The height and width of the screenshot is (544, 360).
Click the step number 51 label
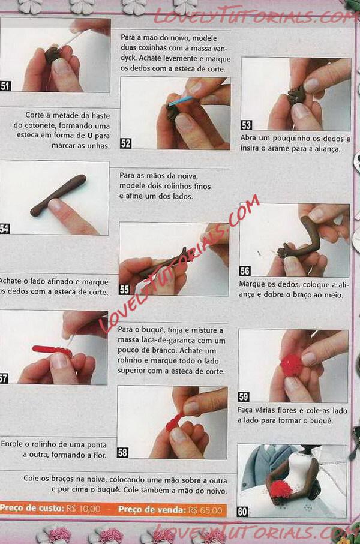pos(5,86)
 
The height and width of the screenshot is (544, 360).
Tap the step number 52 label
pos(125,143)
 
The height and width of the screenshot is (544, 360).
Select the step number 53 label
pos(246,125)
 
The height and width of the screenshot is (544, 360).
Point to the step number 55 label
pos(124,290)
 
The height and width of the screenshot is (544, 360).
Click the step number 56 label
pos(245,271)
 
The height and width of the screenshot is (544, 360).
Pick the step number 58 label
pos(122,452)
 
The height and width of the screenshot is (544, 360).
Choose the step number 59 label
pos(244,397)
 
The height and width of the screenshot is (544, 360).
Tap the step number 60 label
pos(242,512)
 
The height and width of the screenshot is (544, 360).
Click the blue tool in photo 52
pos(180,101)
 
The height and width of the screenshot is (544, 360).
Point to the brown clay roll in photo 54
pos(58,196)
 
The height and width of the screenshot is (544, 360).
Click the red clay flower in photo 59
pos(292,366)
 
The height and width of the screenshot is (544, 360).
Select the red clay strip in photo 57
pos(52,350)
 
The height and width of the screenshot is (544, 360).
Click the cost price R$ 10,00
pos(83,509)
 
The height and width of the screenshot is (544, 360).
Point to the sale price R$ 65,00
pos(205,510)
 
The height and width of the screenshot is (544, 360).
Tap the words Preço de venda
pos(152,510)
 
